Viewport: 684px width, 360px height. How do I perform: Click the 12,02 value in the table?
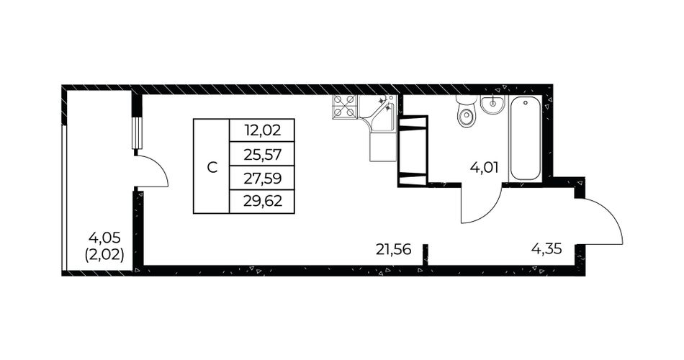coord(262,130)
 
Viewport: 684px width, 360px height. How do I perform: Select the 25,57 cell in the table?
coord(262,154)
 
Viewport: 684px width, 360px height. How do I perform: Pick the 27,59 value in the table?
coord(262,178)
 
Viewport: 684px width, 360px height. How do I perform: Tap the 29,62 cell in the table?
coord(262,202)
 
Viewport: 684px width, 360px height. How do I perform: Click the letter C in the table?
coord(212,168)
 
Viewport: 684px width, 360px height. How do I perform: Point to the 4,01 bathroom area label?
coord(484,167)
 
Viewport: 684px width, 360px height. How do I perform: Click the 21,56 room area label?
coord(393,249)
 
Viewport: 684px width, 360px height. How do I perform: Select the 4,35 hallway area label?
coord(546,249)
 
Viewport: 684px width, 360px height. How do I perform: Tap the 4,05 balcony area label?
coord(104,238)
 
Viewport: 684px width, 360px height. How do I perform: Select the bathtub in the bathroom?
coord(525,138)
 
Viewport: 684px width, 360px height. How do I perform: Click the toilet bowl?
coord(467,112)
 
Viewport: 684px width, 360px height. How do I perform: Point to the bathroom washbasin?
coord(493,104)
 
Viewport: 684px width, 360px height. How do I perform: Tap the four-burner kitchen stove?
coord(345,107)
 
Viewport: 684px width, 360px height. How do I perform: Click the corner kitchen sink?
coord(378,113)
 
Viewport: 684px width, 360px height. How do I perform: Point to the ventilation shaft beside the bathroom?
coord(413,150)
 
